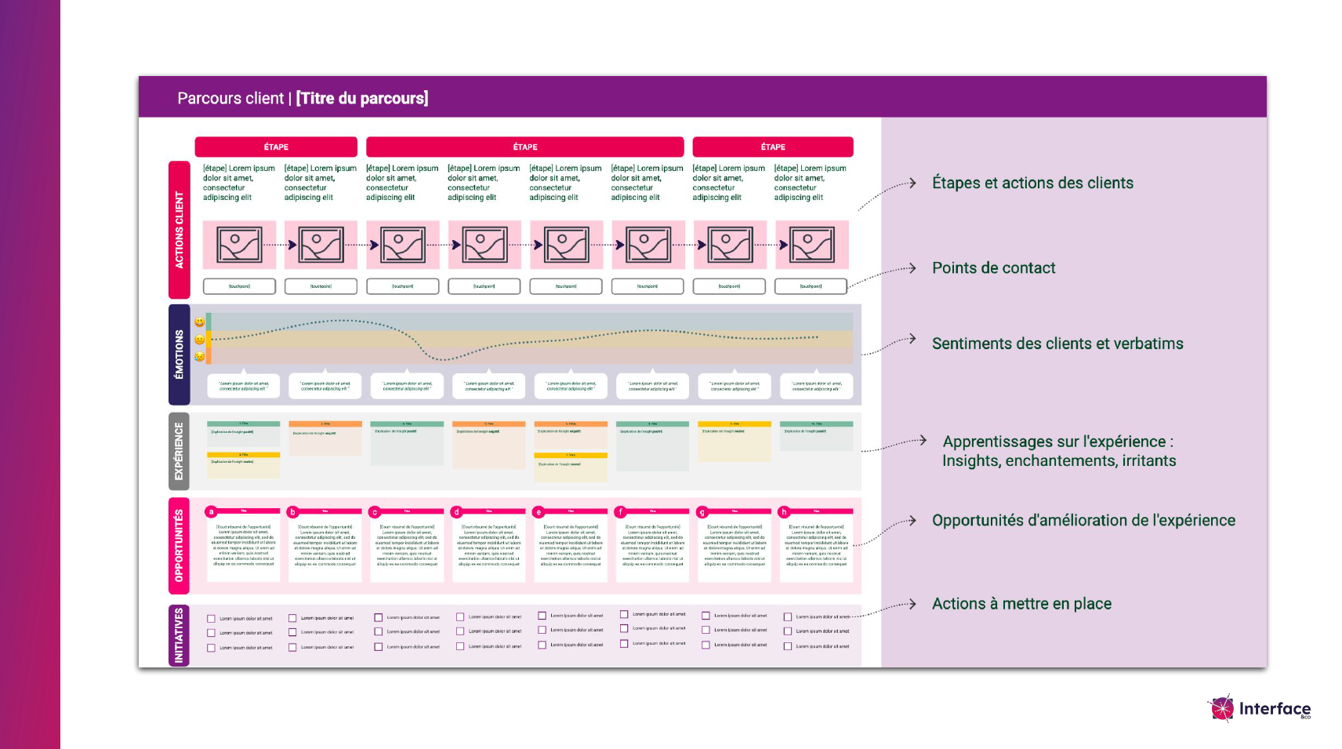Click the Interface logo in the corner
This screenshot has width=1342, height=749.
point(1259,708)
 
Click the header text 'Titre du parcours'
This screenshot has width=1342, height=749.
point(362,98)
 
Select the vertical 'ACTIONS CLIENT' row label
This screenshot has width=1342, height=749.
point(180,230)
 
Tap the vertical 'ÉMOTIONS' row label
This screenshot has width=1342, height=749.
point(180,355)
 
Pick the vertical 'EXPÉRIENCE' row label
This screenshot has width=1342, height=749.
point(180,452)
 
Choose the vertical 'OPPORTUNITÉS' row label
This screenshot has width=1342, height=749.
point(180,545)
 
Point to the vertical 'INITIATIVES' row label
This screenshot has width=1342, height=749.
point(180,635)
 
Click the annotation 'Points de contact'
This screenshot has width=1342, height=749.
point(993,268)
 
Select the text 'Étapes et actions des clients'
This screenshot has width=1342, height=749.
point(1032,183)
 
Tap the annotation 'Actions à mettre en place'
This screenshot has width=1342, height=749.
point(1021,604)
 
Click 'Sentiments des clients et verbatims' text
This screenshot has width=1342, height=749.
point(1057,344)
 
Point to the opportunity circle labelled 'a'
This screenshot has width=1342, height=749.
point(211,512)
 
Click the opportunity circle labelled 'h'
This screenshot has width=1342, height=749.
point(784,512)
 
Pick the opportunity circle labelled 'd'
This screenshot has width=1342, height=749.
point(456,512)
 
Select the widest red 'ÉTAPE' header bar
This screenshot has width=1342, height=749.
point(525,147)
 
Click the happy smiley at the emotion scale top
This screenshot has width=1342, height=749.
point(200,322)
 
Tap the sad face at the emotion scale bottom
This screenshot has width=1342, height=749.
point(200,357)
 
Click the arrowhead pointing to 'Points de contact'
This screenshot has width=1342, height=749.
point(912,268)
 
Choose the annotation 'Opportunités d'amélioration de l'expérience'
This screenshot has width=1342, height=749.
point(1083,520)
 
